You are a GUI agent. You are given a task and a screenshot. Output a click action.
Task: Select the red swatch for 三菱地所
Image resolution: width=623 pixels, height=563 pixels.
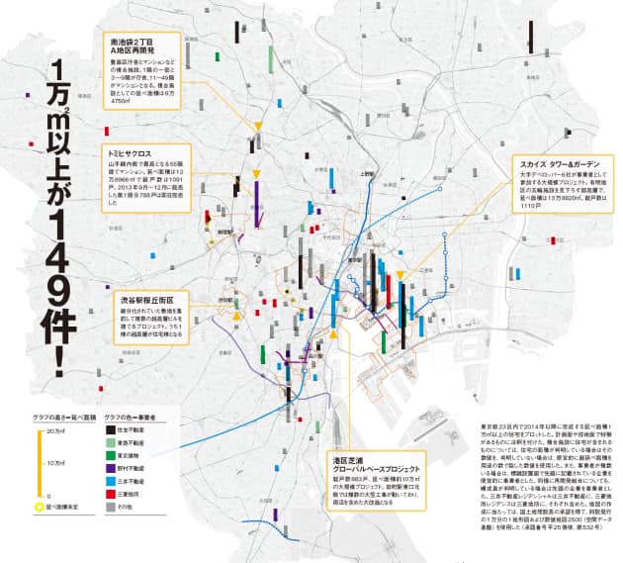[111, 492]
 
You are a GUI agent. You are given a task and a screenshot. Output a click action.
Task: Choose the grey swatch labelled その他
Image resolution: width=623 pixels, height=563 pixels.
[111, 505]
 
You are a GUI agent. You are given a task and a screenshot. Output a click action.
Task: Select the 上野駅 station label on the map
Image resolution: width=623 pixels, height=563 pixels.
[366, 174]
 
